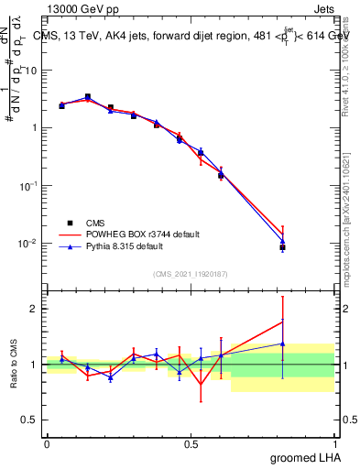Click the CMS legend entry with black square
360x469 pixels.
[x=95, y=223]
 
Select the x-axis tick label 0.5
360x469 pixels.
[x=191, y=443]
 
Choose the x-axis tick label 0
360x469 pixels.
[x=47, y=443]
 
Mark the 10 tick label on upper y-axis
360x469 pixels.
[x=31, y=71]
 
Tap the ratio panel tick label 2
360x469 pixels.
[x=35, y=309]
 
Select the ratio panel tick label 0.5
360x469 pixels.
[x=31, y=420]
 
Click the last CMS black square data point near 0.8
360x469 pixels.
[x=282, y=247]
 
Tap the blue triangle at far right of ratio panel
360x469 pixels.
[x=282, y=344]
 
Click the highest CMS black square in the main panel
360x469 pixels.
[x=87, y=96]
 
